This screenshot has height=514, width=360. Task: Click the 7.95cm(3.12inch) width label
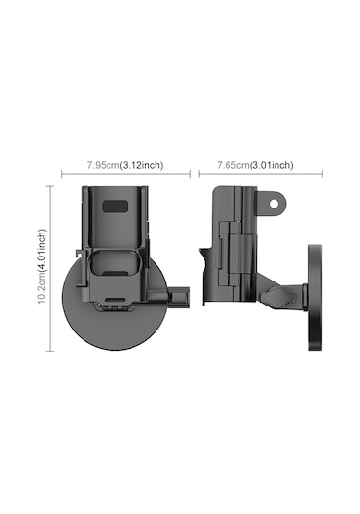coord(125,165)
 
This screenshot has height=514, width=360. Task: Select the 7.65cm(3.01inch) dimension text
coord(255,165)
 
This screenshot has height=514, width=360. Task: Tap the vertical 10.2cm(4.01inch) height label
coord(42,266)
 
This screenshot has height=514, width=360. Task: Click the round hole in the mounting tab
coord(274,204)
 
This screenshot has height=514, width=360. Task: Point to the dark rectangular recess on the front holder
coord(114,207)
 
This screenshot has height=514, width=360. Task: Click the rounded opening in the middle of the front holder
coord(114,263)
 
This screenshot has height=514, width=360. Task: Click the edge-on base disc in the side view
coord(315,297)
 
